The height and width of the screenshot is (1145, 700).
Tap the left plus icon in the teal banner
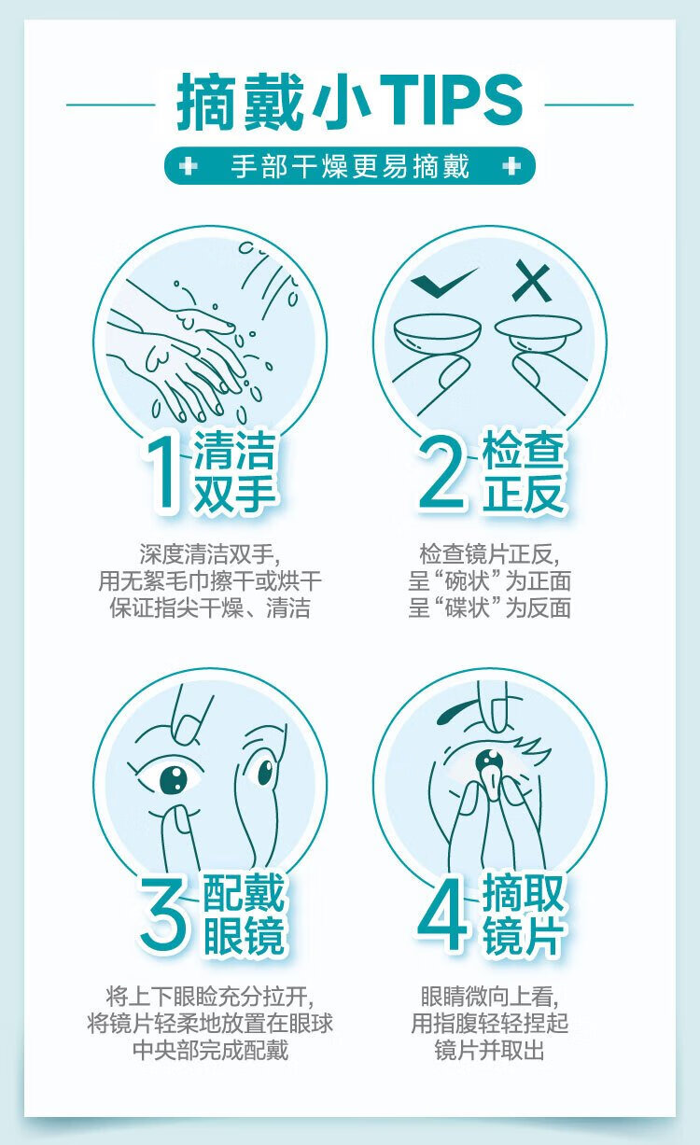click(x=189, y=166)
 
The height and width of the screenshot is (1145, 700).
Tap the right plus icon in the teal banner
click(x=511, y=166)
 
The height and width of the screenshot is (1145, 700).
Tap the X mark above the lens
click(x=532, y=280)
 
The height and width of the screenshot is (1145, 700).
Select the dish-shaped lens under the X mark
click(x=538, y=329)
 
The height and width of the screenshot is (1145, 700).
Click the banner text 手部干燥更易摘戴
click(x=350, y=166)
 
